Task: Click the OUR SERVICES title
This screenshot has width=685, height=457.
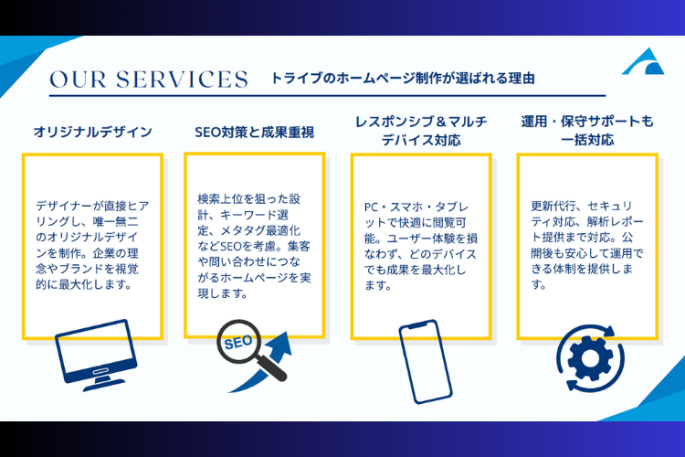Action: pyautogui.click(x=149, y=79)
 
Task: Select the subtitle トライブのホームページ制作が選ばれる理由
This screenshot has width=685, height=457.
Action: pyautogui.click(x=402, y=79)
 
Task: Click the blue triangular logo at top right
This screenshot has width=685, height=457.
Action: pyautogui.click(x=645, y=63)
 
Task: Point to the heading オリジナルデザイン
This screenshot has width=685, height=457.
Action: pyautogui.click(x=92, y=132)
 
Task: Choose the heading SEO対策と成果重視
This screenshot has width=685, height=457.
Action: pyautogui.click(x=255, y=132)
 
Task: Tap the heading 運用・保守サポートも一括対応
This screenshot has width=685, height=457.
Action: pyautogui.click(x=586, y=131)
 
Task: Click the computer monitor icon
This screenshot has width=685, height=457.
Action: pyautogui.click(x=92, y=349)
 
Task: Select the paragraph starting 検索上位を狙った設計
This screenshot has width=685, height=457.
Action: pyautogui.click(x=255, y=246)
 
